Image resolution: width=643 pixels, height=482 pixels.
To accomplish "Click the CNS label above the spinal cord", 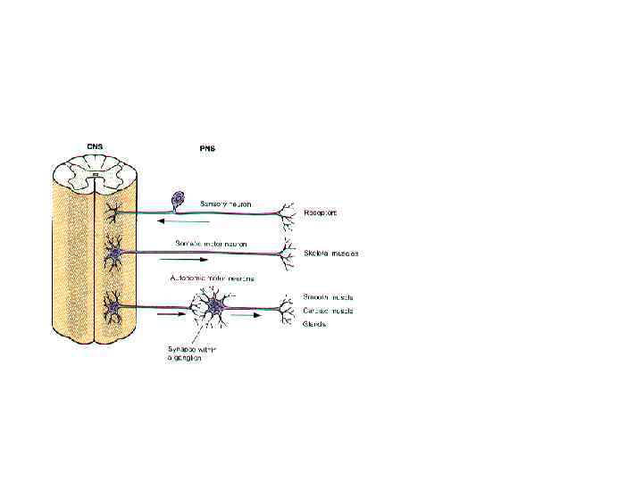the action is pos(95,146).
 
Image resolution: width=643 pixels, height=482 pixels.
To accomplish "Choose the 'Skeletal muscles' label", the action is pos(332,253).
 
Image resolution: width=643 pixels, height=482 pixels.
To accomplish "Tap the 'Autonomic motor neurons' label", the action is pos(211,278).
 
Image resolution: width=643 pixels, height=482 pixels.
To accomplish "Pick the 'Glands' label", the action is pos(315,324).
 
